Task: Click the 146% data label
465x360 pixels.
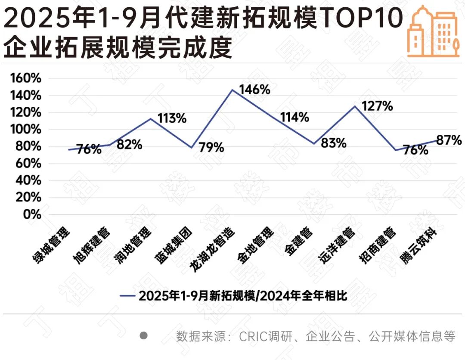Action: [x=254, y=90]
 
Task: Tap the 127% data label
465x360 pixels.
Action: [x=377, y=106]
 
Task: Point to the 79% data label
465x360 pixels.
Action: [x=211, y=147]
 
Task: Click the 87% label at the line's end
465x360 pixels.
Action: [x=449, y=140]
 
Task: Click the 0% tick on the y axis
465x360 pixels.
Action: [x=31, y=214]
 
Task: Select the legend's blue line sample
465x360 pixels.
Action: [x=128, y=296]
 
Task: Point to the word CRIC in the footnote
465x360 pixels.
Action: [x=254, y=336]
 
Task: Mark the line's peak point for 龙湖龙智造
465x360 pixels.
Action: [x=232, y=90]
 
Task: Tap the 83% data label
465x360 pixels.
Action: [x=333, y=143]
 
